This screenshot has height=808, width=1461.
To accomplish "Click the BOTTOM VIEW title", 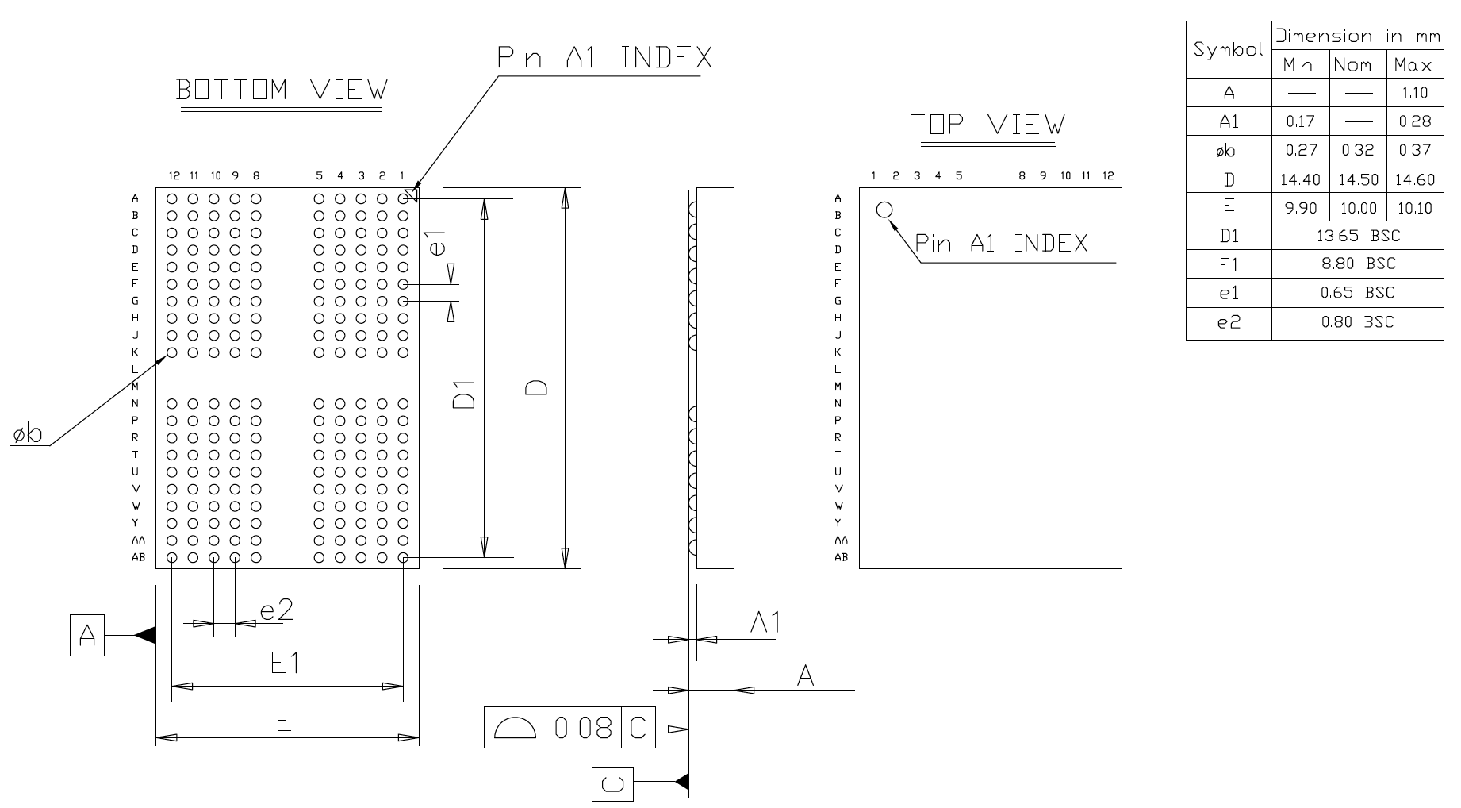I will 282,90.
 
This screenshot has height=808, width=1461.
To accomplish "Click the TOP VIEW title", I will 987,125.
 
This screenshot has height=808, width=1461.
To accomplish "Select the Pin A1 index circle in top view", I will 884,210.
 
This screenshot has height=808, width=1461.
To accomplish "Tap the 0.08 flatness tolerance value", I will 583,728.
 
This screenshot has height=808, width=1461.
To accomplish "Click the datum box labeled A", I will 87,635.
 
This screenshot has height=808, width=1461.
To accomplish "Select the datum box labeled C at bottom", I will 612,785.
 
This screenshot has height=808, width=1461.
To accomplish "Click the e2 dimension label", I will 277,610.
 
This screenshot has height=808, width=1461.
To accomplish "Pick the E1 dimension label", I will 285,663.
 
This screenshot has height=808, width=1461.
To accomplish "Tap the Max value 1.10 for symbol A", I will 1414,93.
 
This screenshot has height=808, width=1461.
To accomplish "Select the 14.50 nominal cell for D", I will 1358,179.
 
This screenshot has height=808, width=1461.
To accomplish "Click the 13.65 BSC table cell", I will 1357,236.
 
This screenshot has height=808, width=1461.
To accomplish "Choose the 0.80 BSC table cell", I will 1357,322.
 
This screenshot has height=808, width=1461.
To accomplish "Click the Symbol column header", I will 1228,49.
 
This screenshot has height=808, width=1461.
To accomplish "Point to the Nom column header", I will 1357,65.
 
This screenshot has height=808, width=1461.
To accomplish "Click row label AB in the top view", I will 841,557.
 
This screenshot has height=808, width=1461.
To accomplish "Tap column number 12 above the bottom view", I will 174,176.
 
